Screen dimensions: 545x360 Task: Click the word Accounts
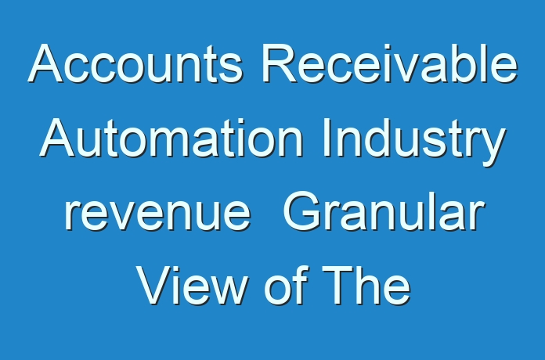[x=135, y=63]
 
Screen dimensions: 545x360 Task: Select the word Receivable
[x=390, y=63]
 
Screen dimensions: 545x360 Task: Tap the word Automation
[x=171, y=138]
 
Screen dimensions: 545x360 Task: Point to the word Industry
[x=414, y=142]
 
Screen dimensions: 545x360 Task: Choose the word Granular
[x=384, y=211]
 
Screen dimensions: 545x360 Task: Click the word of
[x=287, y=285]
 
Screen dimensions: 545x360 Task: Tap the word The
[x=367, y=285]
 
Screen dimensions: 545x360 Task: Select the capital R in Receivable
[x=279, y=63]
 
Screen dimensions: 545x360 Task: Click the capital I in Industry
[x=326, y=138]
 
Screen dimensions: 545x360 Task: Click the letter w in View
[x=227, y=290]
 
